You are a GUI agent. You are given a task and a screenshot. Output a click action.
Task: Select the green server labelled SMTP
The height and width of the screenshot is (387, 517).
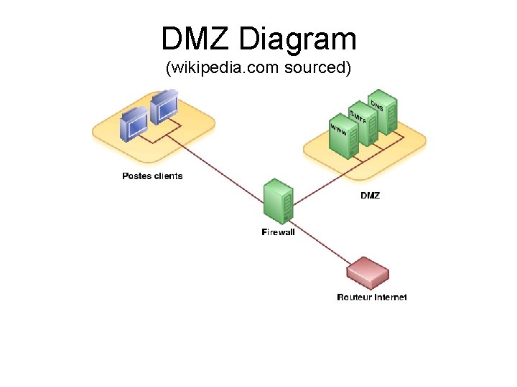tap(363, 123)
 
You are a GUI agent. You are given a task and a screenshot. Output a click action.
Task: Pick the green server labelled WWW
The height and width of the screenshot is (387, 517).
tap(343, 138)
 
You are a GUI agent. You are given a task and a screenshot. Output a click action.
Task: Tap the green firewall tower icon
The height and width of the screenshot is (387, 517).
tap(278, 202)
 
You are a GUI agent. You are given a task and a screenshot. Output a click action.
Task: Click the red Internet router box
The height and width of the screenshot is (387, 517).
tap(367, 273)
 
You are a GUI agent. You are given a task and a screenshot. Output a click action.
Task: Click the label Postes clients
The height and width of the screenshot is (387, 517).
tap(152, 176)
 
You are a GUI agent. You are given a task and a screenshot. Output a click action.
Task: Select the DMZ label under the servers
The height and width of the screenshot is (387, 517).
tap(370, 196)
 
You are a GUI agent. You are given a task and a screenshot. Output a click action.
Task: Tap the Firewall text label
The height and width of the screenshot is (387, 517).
tap(278, 232)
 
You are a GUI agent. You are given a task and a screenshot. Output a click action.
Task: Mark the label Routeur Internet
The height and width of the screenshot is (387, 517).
tap(372, 297)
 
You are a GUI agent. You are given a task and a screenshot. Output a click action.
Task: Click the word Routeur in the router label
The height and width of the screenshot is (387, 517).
tap(353, 297)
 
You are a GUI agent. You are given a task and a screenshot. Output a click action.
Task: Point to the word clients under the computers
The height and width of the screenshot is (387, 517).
tap(167, 176)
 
